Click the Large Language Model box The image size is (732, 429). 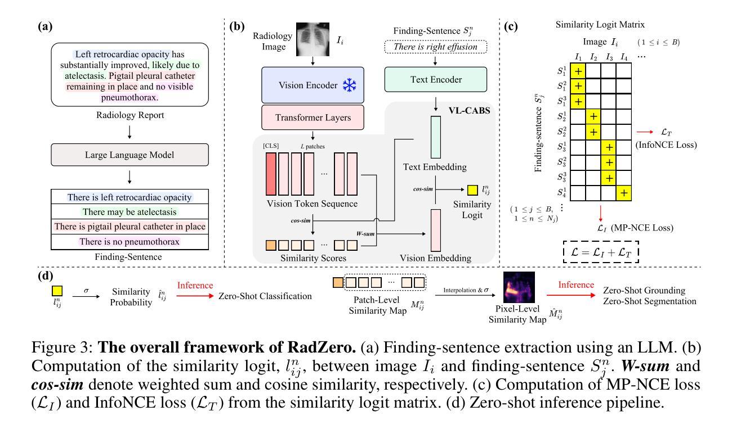coord(130,155)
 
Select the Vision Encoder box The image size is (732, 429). coord(313,85)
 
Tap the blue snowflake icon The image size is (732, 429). coord(349,85)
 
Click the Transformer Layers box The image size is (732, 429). coord(313,118)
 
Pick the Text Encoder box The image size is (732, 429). coord(436,80)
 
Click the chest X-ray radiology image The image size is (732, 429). coord(313,39)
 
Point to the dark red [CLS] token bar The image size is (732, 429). coord(271,174)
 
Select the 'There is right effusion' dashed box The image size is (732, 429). coord(436,47)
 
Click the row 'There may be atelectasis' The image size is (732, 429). coord(130,212)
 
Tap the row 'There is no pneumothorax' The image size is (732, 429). coord(130,242)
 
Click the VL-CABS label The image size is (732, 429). coord(469,111)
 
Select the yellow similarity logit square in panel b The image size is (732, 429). coord(472,190)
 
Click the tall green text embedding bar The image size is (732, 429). coord(436,137)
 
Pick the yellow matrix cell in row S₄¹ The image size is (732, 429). coord(624,193)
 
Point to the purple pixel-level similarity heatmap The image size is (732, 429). coord(519,287)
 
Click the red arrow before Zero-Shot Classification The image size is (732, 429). coord(195,296)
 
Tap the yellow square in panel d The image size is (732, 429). coord(57,291)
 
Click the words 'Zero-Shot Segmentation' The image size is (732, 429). coord(650,301)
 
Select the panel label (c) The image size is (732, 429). coord(511,26)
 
